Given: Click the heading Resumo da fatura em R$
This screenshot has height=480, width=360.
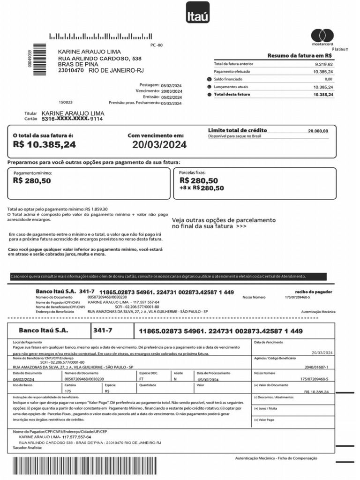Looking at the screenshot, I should pyautogui.click(x=300, y=56).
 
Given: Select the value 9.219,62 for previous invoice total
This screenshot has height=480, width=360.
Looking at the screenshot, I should pyautogui.click(x=323, y=64).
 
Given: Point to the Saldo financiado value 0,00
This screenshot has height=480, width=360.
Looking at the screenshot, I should pyautogui.click(x=328, y=79).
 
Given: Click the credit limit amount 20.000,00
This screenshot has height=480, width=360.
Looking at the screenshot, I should pyautogui.click(x=318, y=131).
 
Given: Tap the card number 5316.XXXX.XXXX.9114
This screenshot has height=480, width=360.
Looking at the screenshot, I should pyautogui.click(x=72, y=119).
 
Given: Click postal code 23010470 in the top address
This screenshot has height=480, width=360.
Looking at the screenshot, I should pyautogui.click(x=71, y=70).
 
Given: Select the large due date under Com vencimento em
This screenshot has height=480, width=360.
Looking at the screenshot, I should pyautogui.click(x=159, y=145).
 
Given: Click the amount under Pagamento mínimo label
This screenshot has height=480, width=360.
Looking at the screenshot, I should pyautogui.click(x=32, y=180).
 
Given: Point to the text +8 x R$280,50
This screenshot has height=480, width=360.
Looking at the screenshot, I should pyautogui.click(x=202, y=188).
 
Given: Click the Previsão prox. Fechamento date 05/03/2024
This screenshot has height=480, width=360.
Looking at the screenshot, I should pyautogui.click(x=171, y=103).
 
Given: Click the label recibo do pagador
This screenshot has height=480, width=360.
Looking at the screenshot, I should pyautogui.click(x=314, y=292).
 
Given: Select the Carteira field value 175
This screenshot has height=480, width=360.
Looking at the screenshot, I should pyautogui.click(x=68, y=390).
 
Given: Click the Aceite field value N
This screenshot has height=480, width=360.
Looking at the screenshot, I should pyautogui.click(x=175, y=379).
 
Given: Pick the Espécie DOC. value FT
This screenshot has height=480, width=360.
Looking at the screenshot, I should pyautogui.click(x=142, y=379).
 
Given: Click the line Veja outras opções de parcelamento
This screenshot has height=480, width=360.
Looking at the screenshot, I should pyautogui.click(x=224, y=220).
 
